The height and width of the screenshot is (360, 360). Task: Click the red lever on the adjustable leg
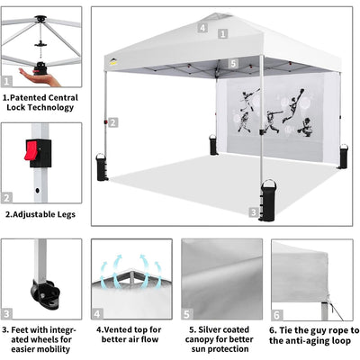point(31,150)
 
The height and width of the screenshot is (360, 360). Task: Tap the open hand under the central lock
point(39,77)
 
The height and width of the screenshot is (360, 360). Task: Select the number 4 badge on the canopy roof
point(202,28)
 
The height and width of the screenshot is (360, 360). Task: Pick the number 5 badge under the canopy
point(233,64)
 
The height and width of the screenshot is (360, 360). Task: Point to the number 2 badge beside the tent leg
point(112,122)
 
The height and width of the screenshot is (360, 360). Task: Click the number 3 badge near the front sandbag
point(254,212)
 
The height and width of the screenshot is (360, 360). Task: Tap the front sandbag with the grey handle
point(268,200)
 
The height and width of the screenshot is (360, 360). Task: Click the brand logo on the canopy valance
point(113,62)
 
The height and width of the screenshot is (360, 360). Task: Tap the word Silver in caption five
point(210,329)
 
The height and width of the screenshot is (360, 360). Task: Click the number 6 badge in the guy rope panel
point(277,315)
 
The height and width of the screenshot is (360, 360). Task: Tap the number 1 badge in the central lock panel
point(7,81)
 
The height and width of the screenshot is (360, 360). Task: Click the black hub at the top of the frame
point(40,19)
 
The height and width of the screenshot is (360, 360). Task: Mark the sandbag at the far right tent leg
point(343,157)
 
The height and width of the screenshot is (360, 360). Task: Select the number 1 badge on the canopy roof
point(222,33)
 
